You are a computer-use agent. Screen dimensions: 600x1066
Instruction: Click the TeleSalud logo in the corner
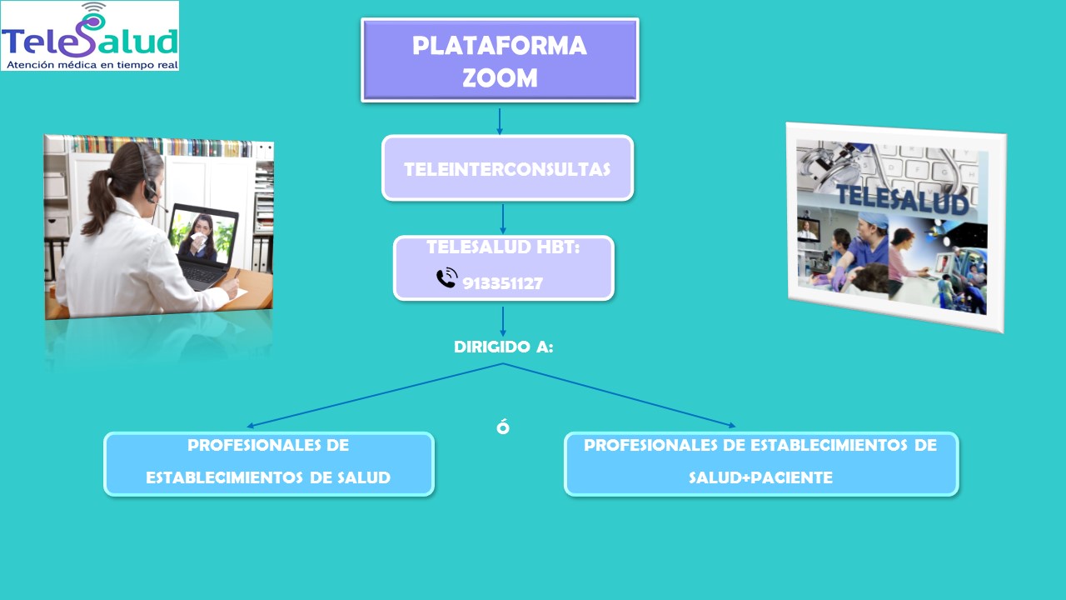click(89, 35)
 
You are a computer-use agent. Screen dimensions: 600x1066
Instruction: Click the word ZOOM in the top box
click(500, 77)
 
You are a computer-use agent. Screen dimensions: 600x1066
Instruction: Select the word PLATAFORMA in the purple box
click(500, 46)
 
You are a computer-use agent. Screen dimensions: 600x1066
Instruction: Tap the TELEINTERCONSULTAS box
click(507, 168)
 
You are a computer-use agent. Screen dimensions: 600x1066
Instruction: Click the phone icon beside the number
click(446, 278)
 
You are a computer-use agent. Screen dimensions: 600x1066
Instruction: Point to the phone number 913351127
click(502, 283)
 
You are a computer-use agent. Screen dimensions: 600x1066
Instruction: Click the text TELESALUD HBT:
click(503, 247)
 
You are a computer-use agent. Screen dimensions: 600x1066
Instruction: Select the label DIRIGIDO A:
click(503, 347)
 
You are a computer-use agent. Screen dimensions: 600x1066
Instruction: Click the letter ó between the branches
click(502, 427)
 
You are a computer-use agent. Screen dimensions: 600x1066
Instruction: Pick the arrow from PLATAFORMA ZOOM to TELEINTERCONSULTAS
click(500, 121)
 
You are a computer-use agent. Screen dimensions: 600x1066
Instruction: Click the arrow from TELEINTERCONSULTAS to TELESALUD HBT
click(503, 219)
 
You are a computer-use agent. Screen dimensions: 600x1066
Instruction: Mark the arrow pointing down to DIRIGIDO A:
click(503, 322)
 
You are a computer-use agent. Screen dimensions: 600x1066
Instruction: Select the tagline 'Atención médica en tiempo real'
click(90, 63)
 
